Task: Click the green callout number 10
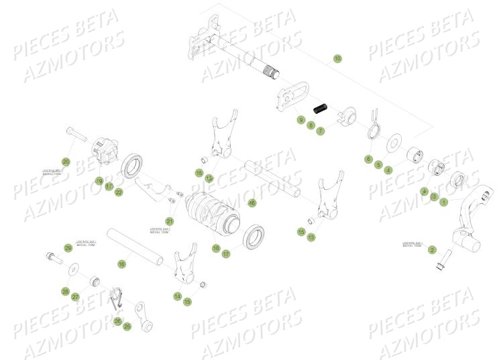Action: pyautogui.click(x=337, y=59)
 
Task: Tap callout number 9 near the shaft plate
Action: pyautogui.click(x=301, y=120)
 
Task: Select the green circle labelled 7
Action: pyautogui.click(x=321, y=131)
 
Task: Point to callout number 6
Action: pyautogui.click(x=368, y=160)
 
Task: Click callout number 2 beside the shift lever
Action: pyautogui.click(x=432, y=249)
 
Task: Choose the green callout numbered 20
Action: pyautogui.click(x=66, y=162)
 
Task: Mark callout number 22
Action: pyautogui.click(x=119, y=192)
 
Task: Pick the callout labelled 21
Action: pyautogui.click(x=170, y=221)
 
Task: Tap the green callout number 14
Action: pyautogui.click(x=178, y=296)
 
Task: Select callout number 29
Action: pyautogui.click(x=68, y=248)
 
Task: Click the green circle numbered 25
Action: pyautogui.click(x=127, y=326)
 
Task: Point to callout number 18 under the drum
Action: pyautogui.click(x=216, y=248)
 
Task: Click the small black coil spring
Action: pyautogui.click(x=321, y=107)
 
